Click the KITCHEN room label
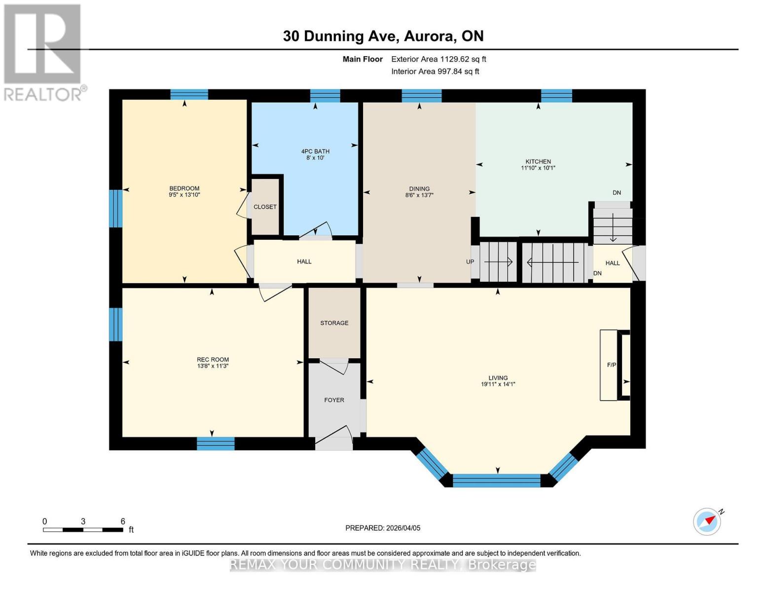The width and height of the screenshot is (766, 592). click(x=538, y=161)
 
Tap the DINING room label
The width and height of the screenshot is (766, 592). click(x=419, y=188)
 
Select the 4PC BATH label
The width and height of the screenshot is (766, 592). click(x=315, y=151)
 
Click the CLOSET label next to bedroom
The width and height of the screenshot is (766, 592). click(x=265, y=207)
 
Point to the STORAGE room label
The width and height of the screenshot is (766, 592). click(x=334, y=323)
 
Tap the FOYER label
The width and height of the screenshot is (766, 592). click(x=334, y=400)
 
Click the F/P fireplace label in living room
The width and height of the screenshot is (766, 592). click(x=611, y=365)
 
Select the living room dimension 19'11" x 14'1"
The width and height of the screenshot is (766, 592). click(x=498, y=384)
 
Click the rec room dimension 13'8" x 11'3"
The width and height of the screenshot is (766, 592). click(x=213, y=366)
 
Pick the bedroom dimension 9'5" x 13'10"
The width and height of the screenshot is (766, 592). click(x=184, y=195)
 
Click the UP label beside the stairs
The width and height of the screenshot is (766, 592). click(x=470, y=262)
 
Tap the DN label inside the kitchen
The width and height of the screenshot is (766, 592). click(x=617, y=193)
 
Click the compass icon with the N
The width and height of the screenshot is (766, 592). click(x=707, y=521)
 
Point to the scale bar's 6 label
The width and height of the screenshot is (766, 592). click(x=123, y=521)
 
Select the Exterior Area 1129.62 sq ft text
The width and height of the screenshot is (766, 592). click(x=438, y=59)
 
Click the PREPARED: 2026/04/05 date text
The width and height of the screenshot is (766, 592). click(x=383, y=528)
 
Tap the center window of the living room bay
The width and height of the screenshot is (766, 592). click(x=497, y=480)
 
